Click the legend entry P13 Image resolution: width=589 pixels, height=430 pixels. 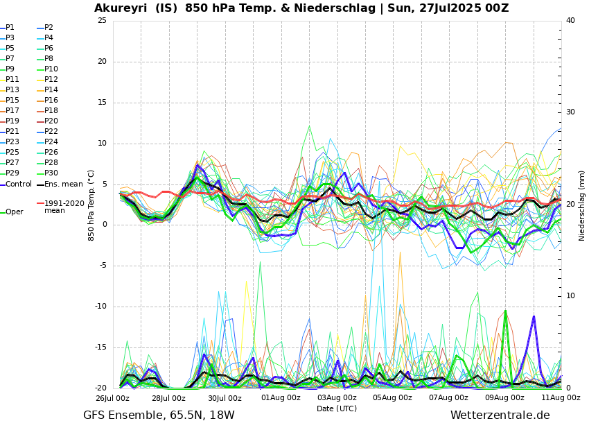13,90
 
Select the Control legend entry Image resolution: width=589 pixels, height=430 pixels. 19,184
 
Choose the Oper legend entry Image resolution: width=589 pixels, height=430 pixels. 15,212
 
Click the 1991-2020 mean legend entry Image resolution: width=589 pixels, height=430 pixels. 64,207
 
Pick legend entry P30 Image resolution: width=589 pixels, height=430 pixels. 51,173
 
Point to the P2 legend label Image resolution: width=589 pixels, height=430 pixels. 49,28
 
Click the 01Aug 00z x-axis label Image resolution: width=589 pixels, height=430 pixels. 281,398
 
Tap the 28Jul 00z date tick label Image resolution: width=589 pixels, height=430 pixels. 168,398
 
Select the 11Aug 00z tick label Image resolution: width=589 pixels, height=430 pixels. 561,398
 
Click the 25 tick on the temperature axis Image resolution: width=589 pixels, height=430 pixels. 102,20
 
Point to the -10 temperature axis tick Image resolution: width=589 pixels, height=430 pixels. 100,307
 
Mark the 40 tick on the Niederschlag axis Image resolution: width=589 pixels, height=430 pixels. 570,20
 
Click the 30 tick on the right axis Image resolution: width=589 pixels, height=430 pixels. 570,112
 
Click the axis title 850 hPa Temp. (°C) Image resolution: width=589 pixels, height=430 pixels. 91,205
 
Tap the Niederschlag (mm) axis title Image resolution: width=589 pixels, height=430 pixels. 582,205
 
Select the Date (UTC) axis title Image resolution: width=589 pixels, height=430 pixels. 337,409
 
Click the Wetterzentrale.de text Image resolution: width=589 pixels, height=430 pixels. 500,415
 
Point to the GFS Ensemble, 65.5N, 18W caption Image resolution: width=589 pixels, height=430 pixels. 159,415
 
